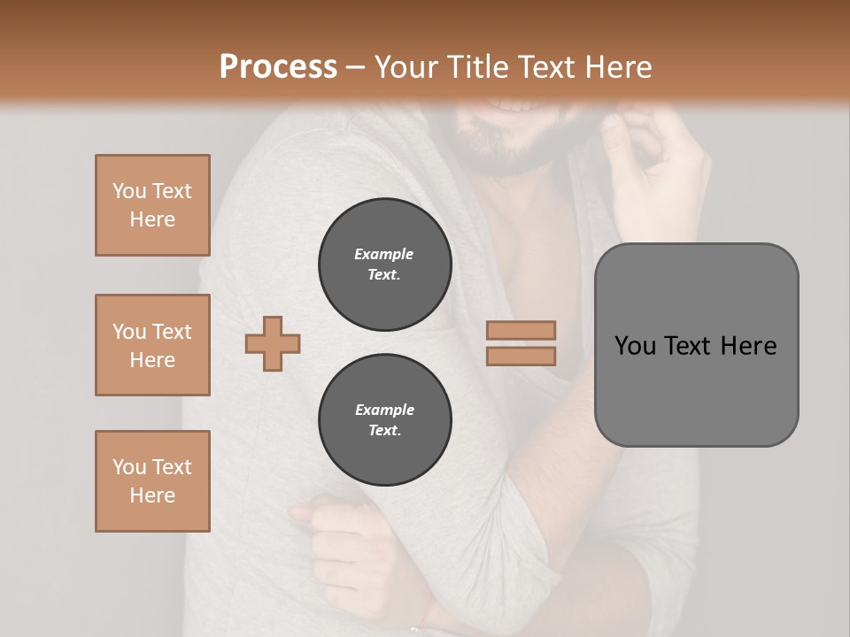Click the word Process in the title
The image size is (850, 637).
[278, 67]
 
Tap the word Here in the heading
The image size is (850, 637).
[614, 67]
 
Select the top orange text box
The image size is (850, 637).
[152, 205]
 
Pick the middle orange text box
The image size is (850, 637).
[152, 345]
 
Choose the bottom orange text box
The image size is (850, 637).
[152, 481]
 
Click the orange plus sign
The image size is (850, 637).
[273, 342]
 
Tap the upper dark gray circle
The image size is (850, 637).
[385, 265]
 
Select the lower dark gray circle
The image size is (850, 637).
[385, 420]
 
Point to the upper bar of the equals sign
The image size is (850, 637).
[521, 331]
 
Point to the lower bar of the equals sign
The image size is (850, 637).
[521, 356]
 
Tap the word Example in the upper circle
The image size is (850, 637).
[384, 255]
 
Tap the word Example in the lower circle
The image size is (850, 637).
[384, 411]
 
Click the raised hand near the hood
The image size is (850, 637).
[655, 159]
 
